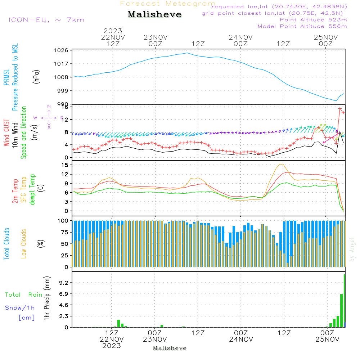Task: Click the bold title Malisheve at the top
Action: pos(155,15)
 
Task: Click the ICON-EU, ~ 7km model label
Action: pos(46,20)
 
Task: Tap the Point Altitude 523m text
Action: pos(313,20)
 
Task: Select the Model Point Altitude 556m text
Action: pos(302,26)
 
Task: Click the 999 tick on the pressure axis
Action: pos(63,91)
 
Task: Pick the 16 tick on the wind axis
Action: pos(65,107)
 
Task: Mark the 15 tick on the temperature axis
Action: pos(65,165)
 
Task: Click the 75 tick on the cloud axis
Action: pos(64,232)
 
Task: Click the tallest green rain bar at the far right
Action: pos(345,301)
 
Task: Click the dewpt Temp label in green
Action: pos(32,190)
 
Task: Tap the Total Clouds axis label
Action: pos(7,244)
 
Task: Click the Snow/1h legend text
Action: pos(20,308)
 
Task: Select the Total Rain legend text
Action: pos(23,295)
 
